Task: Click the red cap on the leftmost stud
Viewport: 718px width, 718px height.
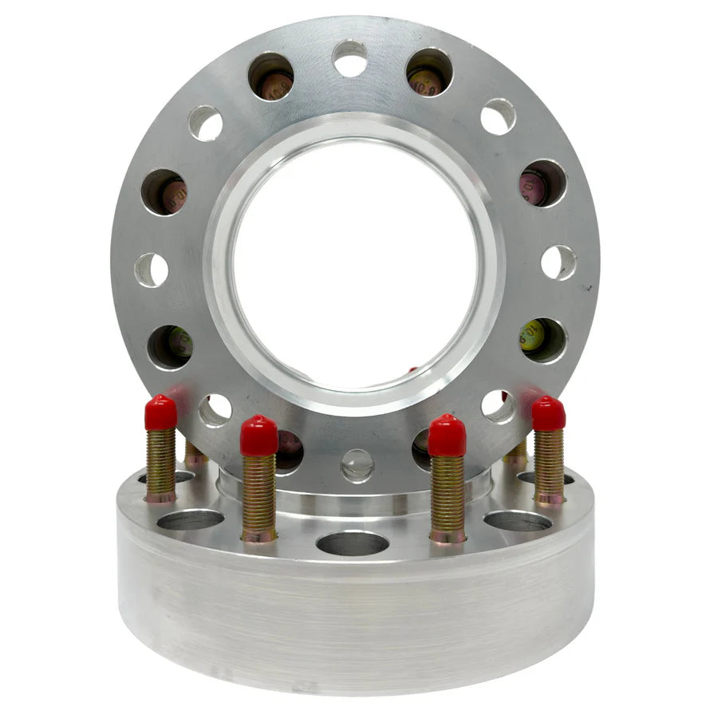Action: tap(160, 412)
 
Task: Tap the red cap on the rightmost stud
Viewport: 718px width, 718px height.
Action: tap(549, 414)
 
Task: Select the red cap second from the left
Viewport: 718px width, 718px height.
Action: tap(259, 436)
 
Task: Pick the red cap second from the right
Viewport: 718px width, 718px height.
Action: tap(447, 436)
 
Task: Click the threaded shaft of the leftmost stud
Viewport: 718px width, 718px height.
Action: tap(160, 463)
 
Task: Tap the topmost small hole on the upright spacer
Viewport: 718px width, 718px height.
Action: tap(349, 58)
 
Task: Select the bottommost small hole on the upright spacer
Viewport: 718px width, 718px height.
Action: tap(357, 464)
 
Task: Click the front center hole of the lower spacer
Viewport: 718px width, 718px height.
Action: tap(353, 543)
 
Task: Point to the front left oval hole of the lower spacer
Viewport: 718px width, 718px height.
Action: tap(190, 520)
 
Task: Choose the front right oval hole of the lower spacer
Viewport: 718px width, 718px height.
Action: tap(517, 521)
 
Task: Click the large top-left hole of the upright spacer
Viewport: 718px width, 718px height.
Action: tap(270, 76)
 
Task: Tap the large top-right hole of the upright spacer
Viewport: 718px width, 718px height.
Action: tap(429, 73)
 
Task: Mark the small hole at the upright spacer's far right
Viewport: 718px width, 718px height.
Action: tap(558, 262)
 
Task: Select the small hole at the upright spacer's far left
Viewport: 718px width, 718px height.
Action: tap(152, 270)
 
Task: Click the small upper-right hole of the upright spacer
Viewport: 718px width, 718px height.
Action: tap(498, 116)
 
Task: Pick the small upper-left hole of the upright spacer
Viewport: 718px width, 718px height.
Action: tap(205, 123)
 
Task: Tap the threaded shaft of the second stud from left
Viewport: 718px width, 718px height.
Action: tap(259, 495)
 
